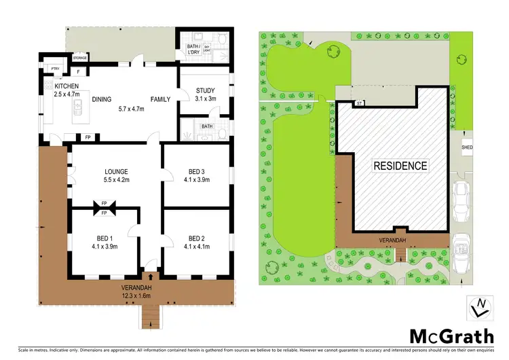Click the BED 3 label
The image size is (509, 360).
197,172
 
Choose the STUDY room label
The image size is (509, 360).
205,91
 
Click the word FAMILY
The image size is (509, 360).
161,99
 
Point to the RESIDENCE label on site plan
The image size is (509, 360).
400,165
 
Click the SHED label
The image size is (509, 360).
466,147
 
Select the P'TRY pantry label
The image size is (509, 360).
57,69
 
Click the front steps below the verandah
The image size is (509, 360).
150,313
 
